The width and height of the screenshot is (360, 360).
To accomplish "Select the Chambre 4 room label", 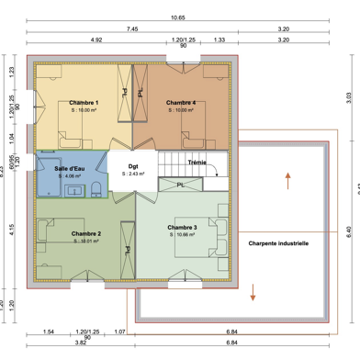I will [182, 102].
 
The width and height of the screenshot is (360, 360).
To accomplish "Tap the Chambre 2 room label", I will [86, 234].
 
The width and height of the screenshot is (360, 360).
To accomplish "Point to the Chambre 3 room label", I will [183, 227].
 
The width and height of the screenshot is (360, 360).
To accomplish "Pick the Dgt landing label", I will [132, 167].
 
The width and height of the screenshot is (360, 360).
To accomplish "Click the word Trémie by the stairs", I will [197, 163].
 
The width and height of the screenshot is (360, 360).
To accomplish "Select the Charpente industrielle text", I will [278, 244].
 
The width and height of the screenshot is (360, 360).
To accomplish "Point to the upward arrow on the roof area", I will [287, 178].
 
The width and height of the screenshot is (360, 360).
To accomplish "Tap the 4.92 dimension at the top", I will [96, 41].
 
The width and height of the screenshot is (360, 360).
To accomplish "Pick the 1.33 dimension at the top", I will [219, 41].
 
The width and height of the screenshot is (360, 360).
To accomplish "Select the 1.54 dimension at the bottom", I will [49, 330].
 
